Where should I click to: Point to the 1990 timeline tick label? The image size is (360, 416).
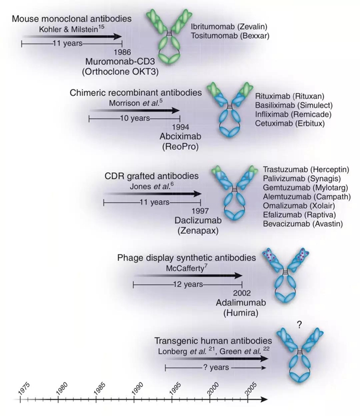click(137, 387)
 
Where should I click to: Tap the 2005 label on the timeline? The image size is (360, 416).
click(251, 387)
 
